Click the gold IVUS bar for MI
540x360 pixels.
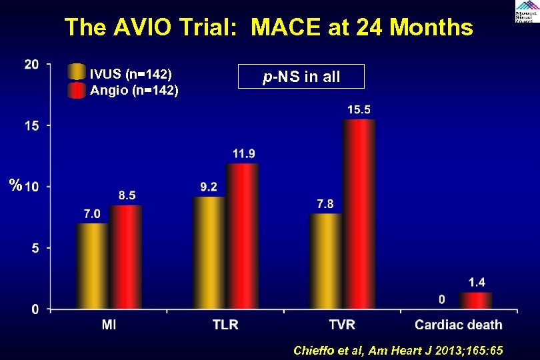92,266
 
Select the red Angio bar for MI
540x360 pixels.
125,257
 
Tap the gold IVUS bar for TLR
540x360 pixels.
209,253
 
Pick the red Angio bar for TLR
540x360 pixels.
242,236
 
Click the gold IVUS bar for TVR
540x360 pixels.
325,261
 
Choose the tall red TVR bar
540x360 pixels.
359,214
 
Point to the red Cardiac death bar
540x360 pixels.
475,301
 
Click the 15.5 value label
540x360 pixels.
359,109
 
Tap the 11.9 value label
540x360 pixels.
243,153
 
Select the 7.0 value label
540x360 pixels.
92,213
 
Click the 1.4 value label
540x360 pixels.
476,282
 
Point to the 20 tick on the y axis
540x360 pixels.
31,64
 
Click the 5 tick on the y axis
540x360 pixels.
35,248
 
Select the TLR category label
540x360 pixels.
226,325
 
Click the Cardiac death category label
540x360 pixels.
459,325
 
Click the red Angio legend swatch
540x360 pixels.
77,90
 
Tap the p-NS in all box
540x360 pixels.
301,77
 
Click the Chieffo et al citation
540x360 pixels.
398,351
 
